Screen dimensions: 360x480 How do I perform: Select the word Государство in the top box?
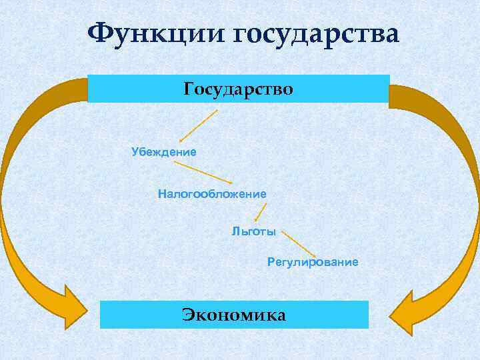[x=238, y=89]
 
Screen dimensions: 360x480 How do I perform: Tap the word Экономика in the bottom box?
[x=234, y=315]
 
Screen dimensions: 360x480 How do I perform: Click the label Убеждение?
[x=164, y=152]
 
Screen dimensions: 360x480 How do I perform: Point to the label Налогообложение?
[x=212, y=193]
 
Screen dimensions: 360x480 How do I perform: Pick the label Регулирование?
[x=313, y=262]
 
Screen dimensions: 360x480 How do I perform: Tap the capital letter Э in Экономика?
[x=188, y=315]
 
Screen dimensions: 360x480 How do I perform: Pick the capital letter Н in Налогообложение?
[x=161, y=193]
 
